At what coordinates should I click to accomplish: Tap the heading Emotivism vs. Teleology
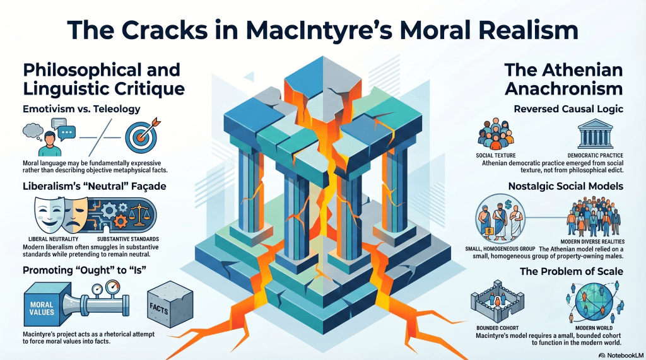coord(81,109)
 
